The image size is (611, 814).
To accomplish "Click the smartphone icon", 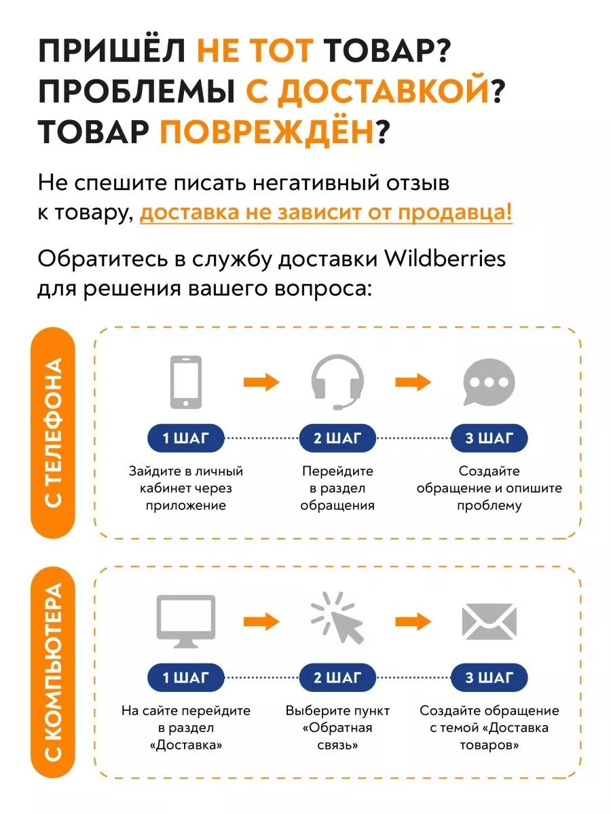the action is (185, 382).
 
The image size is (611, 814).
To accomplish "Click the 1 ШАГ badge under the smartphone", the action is (186, 438).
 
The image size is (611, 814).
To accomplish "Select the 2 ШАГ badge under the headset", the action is (337, 438).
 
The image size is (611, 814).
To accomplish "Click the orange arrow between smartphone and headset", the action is (261, 382).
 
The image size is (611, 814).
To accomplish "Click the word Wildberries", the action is (445, 258).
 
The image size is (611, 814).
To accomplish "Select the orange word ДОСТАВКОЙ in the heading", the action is (367, 90).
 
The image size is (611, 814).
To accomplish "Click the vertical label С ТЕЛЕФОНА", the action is (53, 432).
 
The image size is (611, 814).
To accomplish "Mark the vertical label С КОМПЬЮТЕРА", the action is (53, 673).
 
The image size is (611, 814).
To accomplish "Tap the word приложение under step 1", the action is (186, 506).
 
